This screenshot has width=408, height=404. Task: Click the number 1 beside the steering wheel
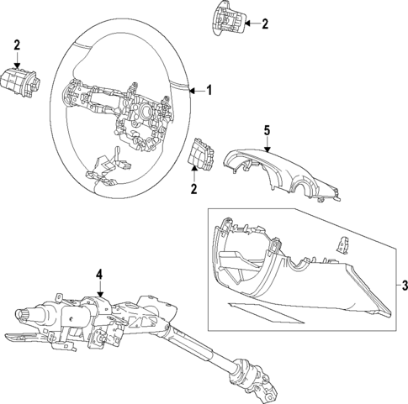coord(210,90)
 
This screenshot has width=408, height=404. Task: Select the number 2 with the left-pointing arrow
coord(264,24)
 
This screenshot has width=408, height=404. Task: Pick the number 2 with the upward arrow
coord(195,190)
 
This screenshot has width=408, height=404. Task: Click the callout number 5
coord(267,131)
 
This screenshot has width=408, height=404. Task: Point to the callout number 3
coord(403,286)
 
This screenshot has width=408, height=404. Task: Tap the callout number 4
coord(98,275)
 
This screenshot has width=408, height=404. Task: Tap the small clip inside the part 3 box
coord(342,244)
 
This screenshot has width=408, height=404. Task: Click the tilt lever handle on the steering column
coord(21,338)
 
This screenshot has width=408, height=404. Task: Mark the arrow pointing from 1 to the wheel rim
coord(194,90)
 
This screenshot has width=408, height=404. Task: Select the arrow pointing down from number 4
coord(98,290)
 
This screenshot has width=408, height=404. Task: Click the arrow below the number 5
coord(267,144)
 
